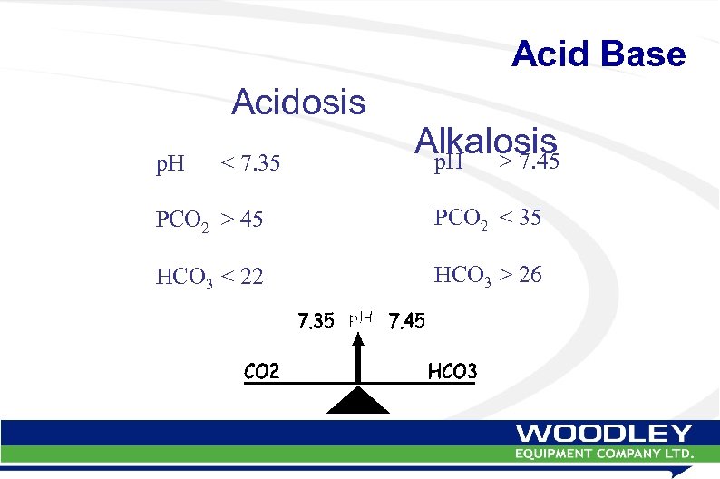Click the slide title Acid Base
[x=598, y=54]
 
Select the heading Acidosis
[x=298, y=103]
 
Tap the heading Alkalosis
[x=485, y=141]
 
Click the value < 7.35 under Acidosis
[x=251, y=165]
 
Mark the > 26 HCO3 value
[x=522, y=275]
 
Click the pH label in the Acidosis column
[x=170, y=165]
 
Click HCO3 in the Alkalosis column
[x=462, y=276]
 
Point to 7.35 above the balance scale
[x=316, y=321]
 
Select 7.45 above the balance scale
[x=406, y=321]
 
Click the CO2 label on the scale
[x=262, y=370]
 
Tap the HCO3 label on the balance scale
[x=452, y=370]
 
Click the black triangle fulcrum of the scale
[x=358, y=400]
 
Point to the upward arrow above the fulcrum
[x=359, y=358]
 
